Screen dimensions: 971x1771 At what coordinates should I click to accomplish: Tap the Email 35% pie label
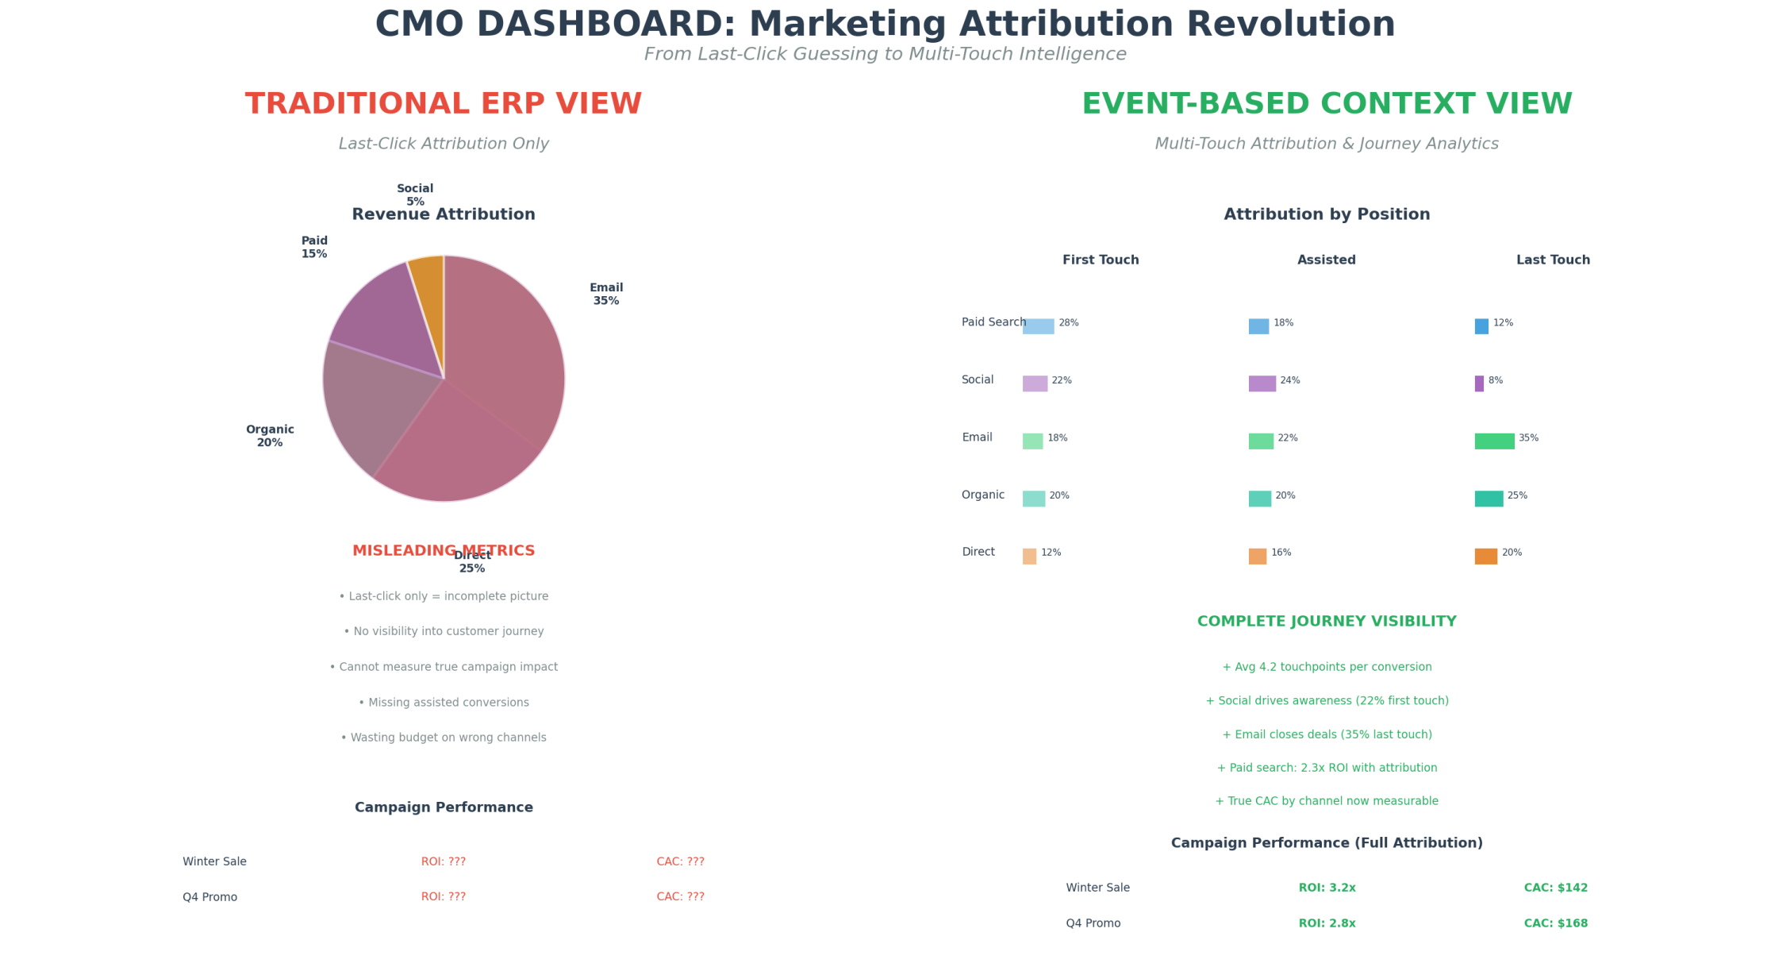coord(606,295)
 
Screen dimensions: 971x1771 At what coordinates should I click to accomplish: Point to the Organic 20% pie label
coord(270,436)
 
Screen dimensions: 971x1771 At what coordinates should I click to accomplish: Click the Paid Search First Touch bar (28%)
coord(1038,326)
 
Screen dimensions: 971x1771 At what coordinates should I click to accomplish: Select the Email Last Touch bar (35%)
coord(1494,441)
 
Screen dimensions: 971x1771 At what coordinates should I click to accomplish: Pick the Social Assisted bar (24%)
coord(1262,383)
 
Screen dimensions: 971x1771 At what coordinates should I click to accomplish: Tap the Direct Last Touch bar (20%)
coord(1485,557)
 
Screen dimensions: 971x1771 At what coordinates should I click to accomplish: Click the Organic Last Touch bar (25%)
coord(1489,499)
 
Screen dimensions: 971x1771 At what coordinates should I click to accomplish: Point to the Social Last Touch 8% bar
coord(1479,383)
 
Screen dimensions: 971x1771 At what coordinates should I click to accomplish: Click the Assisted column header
coord(1326,260)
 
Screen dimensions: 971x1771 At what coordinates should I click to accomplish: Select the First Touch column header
coord(1101,260)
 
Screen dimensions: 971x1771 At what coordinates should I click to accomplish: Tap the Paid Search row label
coord(993,322)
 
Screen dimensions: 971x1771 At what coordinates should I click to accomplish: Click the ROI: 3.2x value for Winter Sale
coord(1327,888)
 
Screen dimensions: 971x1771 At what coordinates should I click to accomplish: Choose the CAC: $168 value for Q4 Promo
coord(1555,923)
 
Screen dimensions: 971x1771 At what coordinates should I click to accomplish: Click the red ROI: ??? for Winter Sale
coord(443,861)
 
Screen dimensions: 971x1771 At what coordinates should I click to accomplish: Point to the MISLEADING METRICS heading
coord(444,551)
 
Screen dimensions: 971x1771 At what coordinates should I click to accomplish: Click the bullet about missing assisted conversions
coord(444,703)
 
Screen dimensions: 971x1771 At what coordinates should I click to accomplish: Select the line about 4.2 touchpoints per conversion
coord(1327,667)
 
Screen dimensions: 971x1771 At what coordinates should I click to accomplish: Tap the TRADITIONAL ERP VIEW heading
coord(444,105)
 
